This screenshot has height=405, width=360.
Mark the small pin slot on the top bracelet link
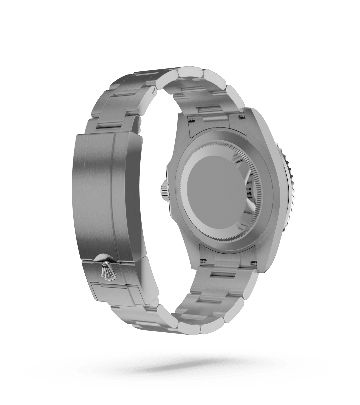[x=152, y=90]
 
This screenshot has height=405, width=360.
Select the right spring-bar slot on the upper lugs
[x=241, y=116]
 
